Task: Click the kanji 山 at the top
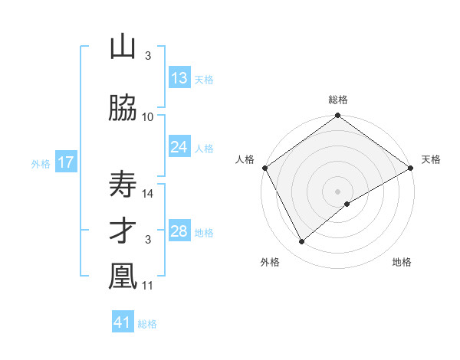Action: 123,47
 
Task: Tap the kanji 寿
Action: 123,185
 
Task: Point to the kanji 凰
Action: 123,277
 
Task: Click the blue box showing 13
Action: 179,78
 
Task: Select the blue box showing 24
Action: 179,147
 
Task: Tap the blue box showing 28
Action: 179,231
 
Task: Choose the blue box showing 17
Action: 65,162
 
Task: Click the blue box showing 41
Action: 123,322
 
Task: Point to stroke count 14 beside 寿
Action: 148,194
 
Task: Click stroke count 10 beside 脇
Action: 148,116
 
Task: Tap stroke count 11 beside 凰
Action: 148,286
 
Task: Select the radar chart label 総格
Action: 338,100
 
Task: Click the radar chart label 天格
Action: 431,159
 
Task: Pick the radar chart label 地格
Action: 402,262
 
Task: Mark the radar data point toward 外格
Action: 302,242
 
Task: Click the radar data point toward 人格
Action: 264,168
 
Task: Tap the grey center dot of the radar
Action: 338,191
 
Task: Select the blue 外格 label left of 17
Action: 40,163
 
